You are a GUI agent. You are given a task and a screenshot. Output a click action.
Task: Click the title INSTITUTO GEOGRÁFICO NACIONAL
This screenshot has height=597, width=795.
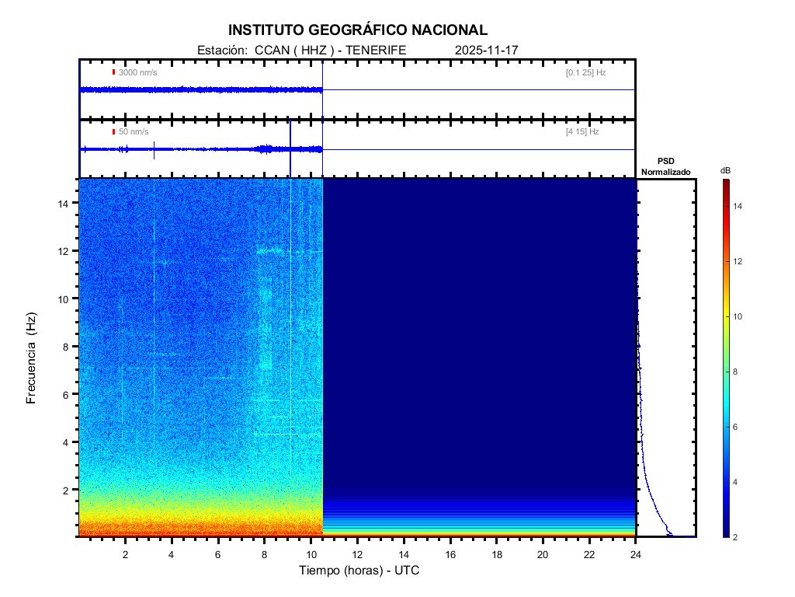tap(358, 30)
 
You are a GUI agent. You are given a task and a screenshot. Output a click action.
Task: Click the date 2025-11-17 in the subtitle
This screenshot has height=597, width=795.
tap(486, 50)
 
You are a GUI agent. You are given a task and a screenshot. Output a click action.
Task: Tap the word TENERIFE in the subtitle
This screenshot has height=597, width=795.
tap(376, 50)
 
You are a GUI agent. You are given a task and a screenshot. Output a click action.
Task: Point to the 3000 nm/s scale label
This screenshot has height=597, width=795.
tap(137, 72)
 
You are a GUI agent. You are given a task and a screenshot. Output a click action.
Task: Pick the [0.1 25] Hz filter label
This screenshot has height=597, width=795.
tap(585, 72)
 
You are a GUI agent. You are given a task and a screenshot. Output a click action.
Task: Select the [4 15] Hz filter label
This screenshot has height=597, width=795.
tap(582, 132)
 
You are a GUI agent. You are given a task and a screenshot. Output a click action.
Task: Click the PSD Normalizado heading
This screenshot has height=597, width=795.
tap(665, 166)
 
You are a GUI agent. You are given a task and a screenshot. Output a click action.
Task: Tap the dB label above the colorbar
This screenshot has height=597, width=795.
tap(725, 170)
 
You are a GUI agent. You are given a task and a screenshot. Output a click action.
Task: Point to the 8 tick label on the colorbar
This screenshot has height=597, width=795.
tap(738, 372)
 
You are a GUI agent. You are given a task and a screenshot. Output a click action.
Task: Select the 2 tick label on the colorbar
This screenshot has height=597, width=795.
tap(738, 537)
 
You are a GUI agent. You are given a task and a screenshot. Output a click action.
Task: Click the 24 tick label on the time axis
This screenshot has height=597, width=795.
tap(636, 553)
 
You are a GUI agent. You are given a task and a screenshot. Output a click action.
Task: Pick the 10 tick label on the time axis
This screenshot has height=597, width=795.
tap(311, 553)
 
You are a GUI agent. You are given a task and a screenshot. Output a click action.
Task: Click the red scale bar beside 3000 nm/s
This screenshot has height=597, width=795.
tap(113, 72)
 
